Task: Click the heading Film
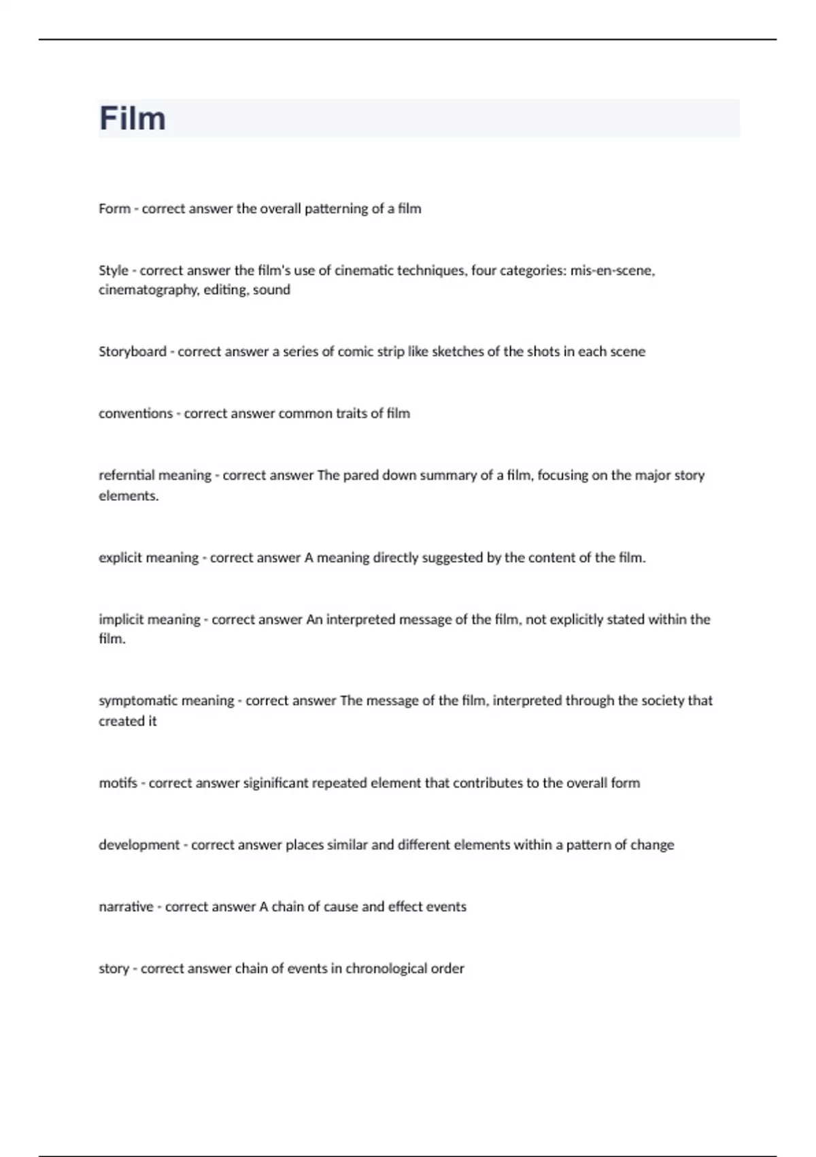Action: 133,118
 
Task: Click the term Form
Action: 114,208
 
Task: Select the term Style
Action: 114,270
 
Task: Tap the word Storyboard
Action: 133,351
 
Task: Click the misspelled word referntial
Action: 126,475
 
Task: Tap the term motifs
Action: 118,783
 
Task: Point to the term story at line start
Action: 114,968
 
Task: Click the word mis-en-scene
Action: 613,270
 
